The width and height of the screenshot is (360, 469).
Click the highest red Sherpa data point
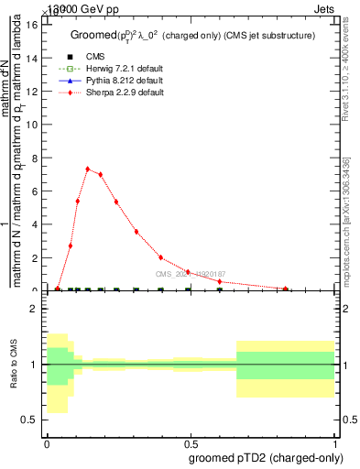[88, 169]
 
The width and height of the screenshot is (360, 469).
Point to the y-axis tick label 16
[32, 25]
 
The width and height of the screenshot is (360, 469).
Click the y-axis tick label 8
[35, 158]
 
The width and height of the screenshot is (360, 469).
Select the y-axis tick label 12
[32, 92]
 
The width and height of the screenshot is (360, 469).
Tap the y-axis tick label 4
[35, 224]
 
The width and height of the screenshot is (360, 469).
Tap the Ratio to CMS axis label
[14, 365]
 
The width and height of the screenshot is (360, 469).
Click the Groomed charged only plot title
[192, 35]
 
